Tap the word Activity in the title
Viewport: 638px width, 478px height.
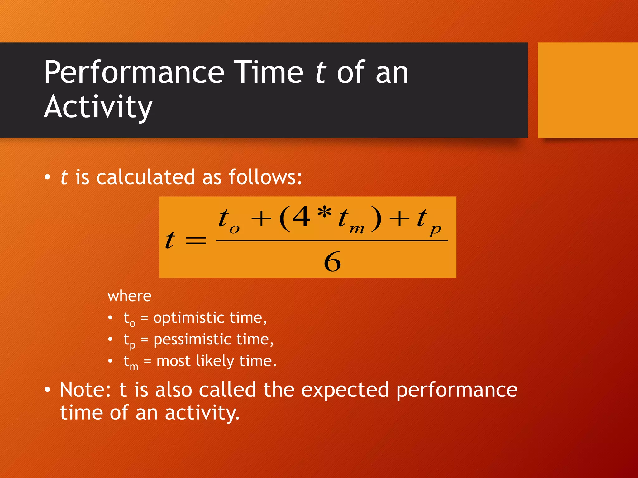(x=98, y=107)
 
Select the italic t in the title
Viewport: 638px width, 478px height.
(x=321, y=73)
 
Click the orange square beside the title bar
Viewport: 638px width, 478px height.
(x=588, y=90)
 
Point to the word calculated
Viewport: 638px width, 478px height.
(x=145, y=177)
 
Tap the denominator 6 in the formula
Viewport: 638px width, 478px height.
(x=332, y=262)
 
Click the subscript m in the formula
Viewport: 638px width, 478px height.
(x=357, y=230)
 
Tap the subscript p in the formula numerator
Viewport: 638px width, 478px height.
(x=435, y=230)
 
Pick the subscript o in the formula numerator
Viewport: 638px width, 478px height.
(x=234, y=230)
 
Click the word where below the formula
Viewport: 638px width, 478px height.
(x=129, y=296)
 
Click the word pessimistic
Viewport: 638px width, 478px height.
(x=192, y=340)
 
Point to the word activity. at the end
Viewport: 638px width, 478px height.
(x=202, y=413)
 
